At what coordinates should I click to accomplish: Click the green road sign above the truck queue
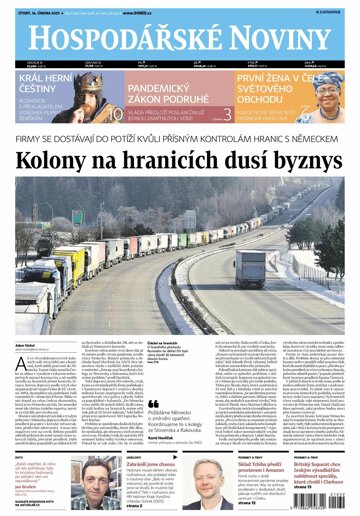point(77,216)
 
